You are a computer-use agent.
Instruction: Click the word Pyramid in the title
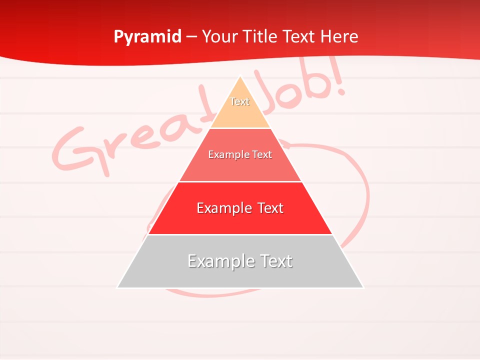click(x=147, y=37)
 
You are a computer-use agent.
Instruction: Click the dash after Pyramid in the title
click(x=191, y=37)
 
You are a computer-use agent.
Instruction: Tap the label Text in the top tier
click(x=239, y=101)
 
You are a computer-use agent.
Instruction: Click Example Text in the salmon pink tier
click(x=240, y=154)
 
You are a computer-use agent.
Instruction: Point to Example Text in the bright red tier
click(x=240, y=208)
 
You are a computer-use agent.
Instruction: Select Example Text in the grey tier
click(x=240, y=261)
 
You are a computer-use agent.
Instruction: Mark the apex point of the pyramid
click(x=240, y=76)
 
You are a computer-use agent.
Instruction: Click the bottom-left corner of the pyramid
click(x=118, y=287)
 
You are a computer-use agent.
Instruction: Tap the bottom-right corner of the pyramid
click(x=363, y=287)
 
